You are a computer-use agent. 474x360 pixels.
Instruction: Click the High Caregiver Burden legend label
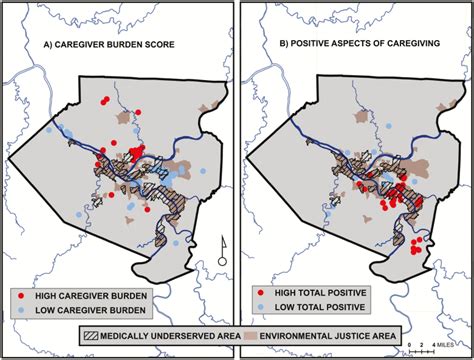click(91, 297)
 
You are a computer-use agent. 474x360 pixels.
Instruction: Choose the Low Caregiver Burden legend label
click(89, 311)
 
